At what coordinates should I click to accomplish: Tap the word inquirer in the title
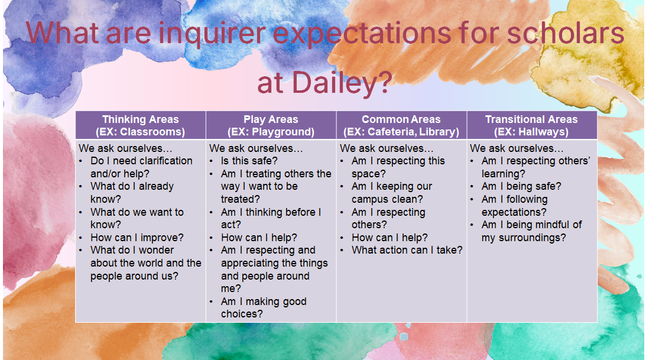click(x=212, y=33)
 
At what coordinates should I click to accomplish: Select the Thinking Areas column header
click(x=141, y=125)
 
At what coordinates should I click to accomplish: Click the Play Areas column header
click(x=271, y=125)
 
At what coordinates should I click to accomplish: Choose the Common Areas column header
click(x=401, y=125)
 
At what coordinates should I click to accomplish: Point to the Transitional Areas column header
click(x=531, y=125)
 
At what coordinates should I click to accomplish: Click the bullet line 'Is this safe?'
click(x=249, y=161)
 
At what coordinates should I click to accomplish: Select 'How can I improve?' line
click(x=137, y=238)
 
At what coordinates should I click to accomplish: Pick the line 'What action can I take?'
click(x=407, y=250)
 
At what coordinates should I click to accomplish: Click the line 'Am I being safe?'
click(x=521, y=187)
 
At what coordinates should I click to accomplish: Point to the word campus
click(x=371, y=200)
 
